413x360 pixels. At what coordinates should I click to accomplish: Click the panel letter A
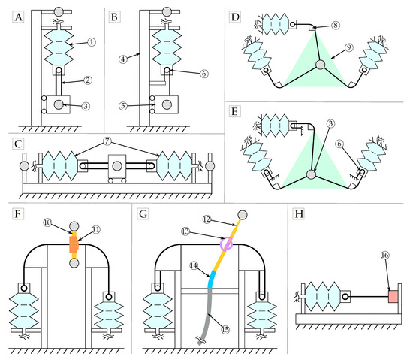18,17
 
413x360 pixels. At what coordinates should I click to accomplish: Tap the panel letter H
299,213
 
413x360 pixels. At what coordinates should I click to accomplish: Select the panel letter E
234,111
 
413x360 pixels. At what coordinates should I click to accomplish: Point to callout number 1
91,42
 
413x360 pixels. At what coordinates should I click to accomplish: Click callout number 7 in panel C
107,141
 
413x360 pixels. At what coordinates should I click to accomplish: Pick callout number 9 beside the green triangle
348,47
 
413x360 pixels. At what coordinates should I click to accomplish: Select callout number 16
384,255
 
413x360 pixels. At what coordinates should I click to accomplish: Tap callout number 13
185,231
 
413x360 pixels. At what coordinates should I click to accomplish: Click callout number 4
123,59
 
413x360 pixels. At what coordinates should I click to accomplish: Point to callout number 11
96,230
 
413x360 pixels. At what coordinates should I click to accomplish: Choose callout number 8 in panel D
336,25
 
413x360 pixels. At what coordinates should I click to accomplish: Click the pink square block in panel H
393,296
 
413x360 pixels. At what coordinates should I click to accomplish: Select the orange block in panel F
74,244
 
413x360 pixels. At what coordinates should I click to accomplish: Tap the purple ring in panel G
227,244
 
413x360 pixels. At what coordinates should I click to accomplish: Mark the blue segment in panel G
212,279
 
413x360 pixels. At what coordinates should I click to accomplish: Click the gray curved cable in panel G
206,316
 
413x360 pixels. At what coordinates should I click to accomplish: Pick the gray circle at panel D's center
321,65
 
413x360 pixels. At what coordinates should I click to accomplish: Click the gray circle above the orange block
74,226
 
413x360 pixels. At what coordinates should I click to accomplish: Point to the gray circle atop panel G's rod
243,215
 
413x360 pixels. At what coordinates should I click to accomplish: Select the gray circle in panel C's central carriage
117,166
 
